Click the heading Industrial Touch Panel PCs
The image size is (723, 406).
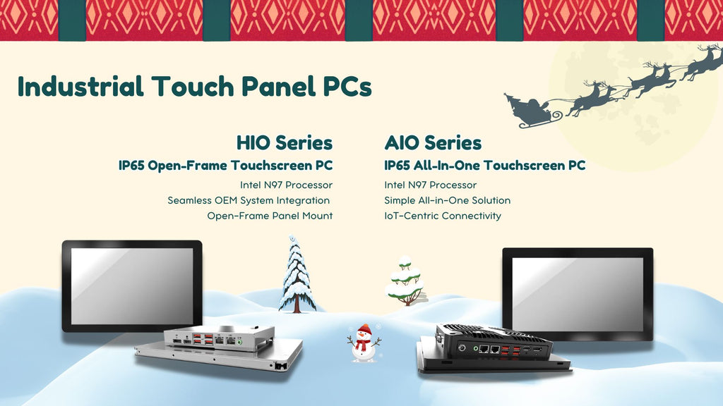tap(195, 87)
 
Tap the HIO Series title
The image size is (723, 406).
tap(285, 142)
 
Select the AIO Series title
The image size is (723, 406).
tap(433, 142)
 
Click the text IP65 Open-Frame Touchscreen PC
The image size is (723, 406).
tap(225, 165)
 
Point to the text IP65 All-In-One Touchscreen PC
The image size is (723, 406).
tap(485, 165)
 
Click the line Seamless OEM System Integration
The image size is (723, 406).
tap(249, 200)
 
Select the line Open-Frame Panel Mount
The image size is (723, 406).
tap(270, 216)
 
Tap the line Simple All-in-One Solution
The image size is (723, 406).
tap(447, 200)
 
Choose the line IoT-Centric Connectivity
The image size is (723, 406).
tap(443, 216)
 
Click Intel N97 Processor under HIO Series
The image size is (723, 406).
tap(286, 185)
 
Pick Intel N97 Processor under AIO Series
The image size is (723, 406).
tap(430, 185)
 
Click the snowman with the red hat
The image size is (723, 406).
tap(364, 344)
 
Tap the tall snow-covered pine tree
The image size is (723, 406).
tap(297, 275)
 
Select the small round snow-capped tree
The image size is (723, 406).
tap(405, 281)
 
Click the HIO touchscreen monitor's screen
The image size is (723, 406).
tap(132, 286)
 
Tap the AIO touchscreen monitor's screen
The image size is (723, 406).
tap(578, 294)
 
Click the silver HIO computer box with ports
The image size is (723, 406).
tap(220, 338)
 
